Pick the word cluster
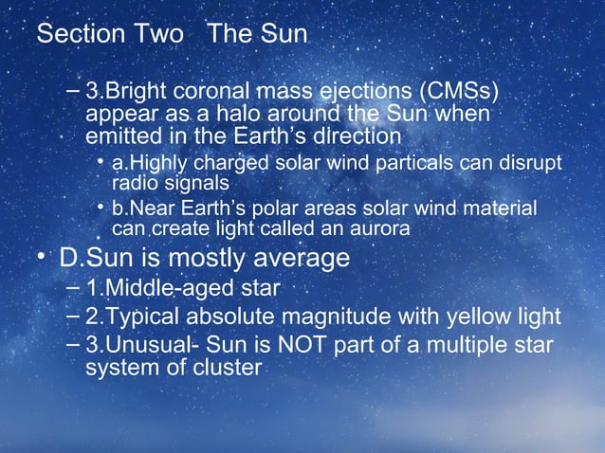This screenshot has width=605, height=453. point(226,366)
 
